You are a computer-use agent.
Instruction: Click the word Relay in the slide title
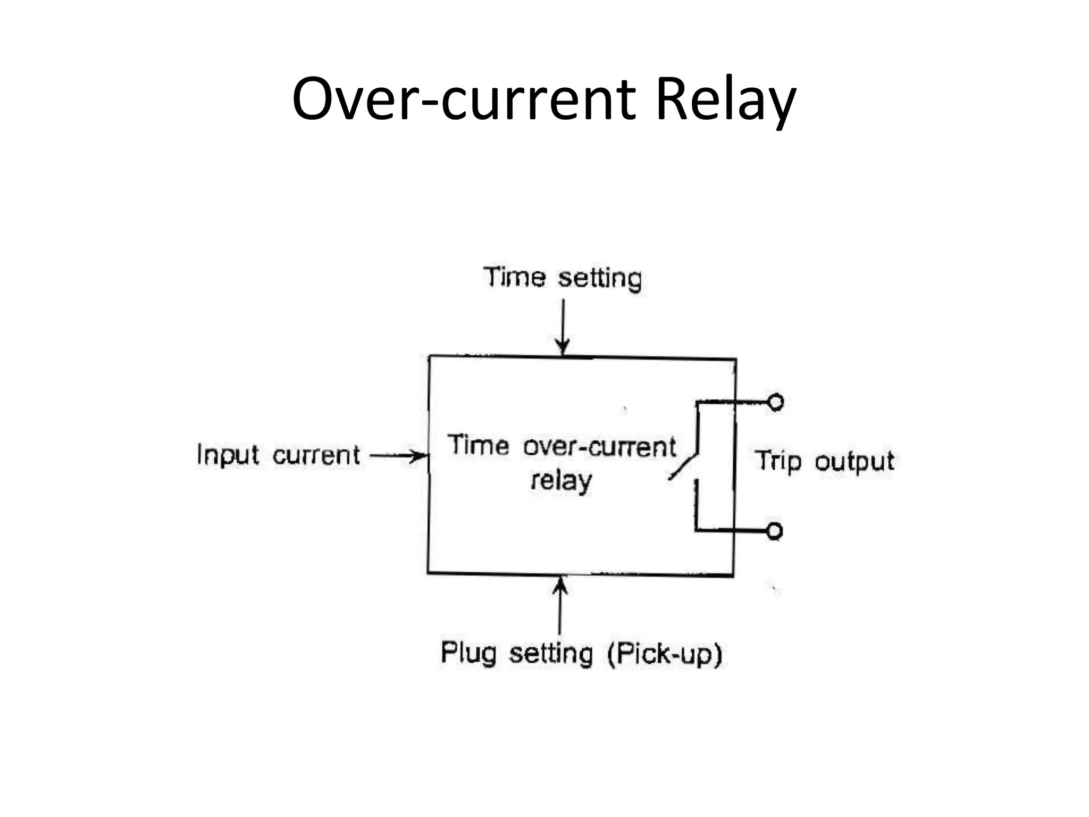(725, 99)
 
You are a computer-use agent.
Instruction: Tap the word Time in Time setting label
(514, 278)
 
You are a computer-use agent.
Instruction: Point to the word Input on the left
(228, 455)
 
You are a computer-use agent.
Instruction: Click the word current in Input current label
(316, 456)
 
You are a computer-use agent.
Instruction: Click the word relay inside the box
(562, 481)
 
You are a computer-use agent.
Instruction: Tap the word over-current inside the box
(600, 447)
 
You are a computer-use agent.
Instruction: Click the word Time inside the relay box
(478, 445)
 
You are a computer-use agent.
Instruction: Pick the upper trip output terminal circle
(776, 403)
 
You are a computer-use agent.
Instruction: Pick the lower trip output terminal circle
(775, 531)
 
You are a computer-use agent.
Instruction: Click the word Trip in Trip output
(778, 461)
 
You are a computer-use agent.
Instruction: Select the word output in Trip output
(855, 462)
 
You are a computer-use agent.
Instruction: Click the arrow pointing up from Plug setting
(560, 606)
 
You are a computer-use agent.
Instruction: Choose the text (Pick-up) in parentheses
(665, 654)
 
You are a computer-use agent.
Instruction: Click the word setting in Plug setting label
(551, 654)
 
